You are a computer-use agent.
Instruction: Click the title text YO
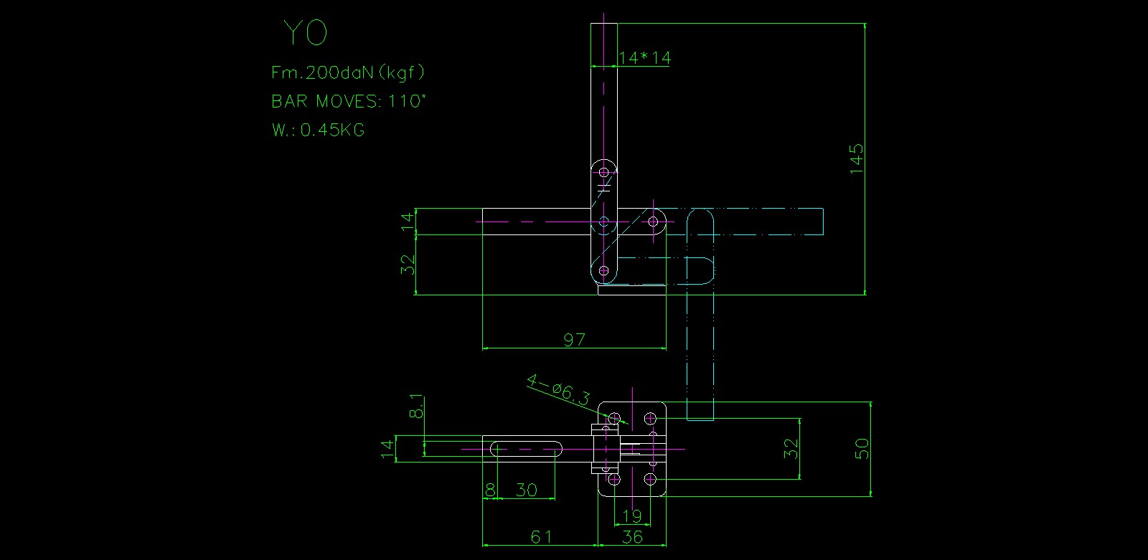[x=305, y=33]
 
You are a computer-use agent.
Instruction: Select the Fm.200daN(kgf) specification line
[x=348, y=72]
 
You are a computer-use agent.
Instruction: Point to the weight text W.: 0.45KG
[x=318, y=130]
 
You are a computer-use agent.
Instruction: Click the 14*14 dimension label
[x=644, y=58]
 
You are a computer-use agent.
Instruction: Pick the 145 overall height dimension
[x=857, y=158]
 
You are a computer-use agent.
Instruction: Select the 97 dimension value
[x=574, y=339]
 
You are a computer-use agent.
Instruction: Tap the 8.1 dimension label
[x=416, y=407]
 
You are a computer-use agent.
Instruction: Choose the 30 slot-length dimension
[x=526, y=490]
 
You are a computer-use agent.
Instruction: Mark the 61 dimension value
[x=541, y=536]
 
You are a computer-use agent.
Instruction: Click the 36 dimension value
[x=632, y=536]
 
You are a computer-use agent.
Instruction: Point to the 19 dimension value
[x=632, y=516]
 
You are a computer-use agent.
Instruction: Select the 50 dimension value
[x=862, y=449]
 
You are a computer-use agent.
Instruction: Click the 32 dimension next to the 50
[x=791, y=449]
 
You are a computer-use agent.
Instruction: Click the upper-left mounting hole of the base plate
[x=614, y=418]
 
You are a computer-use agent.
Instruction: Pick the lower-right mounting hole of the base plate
[x=650, y=479]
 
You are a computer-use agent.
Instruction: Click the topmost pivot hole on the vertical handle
[x=604, y=172]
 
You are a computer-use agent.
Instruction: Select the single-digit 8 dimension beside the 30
[x=490, y=490]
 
